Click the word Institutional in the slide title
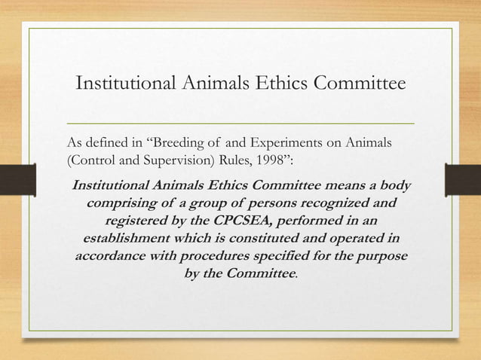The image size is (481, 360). pyautogui.click(x=124, y=84)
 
